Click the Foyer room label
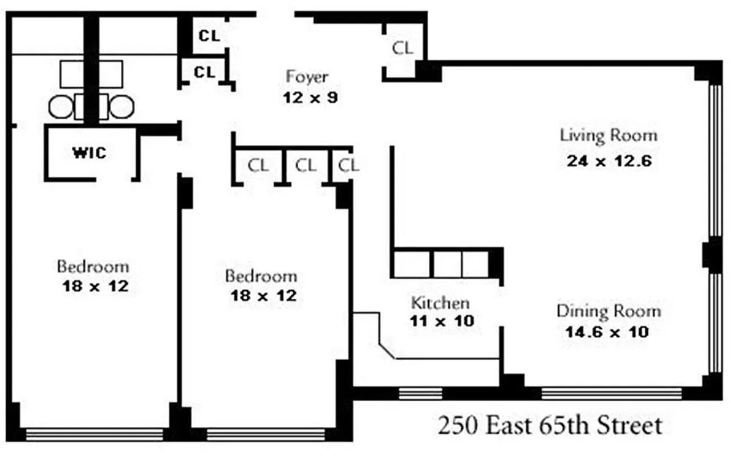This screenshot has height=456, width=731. coord(307,76)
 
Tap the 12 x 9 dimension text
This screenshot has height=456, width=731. coord(310,97)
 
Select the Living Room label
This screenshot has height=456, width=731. coord(608,136)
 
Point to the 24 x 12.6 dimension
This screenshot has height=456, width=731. coord(608,161)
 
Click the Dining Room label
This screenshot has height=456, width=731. coord(608,311)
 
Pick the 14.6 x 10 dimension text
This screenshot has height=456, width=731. coord(606,332)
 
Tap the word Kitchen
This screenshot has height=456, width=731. coord(440,303)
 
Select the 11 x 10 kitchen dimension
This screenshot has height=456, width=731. coord(441,321)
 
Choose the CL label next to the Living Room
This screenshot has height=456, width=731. coord(403,48)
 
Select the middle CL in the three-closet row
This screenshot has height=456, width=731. coord(306,166)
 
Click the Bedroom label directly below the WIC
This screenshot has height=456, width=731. coord(93,266)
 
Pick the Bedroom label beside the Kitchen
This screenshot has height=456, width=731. coord(261,276)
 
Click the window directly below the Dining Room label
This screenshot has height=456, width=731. coord(611,393)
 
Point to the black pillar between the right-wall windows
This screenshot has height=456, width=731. coord(711,254)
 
